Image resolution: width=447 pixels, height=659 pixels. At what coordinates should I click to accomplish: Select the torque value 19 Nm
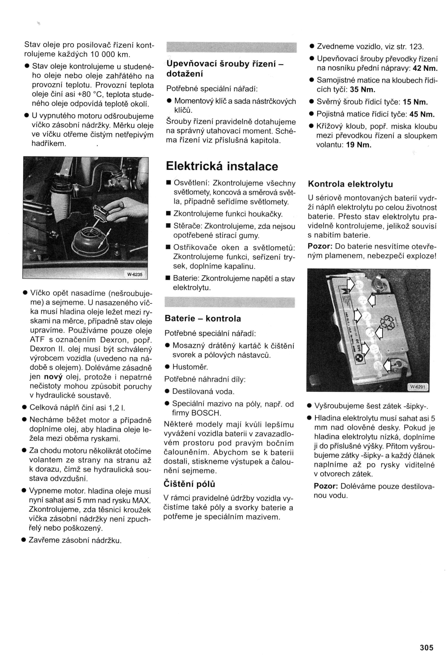pos(359,145)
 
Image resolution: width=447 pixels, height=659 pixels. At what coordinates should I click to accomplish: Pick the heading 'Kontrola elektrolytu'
pos(350,184)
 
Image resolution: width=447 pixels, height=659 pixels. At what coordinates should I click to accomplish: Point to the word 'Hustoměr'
pos(190,367)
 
